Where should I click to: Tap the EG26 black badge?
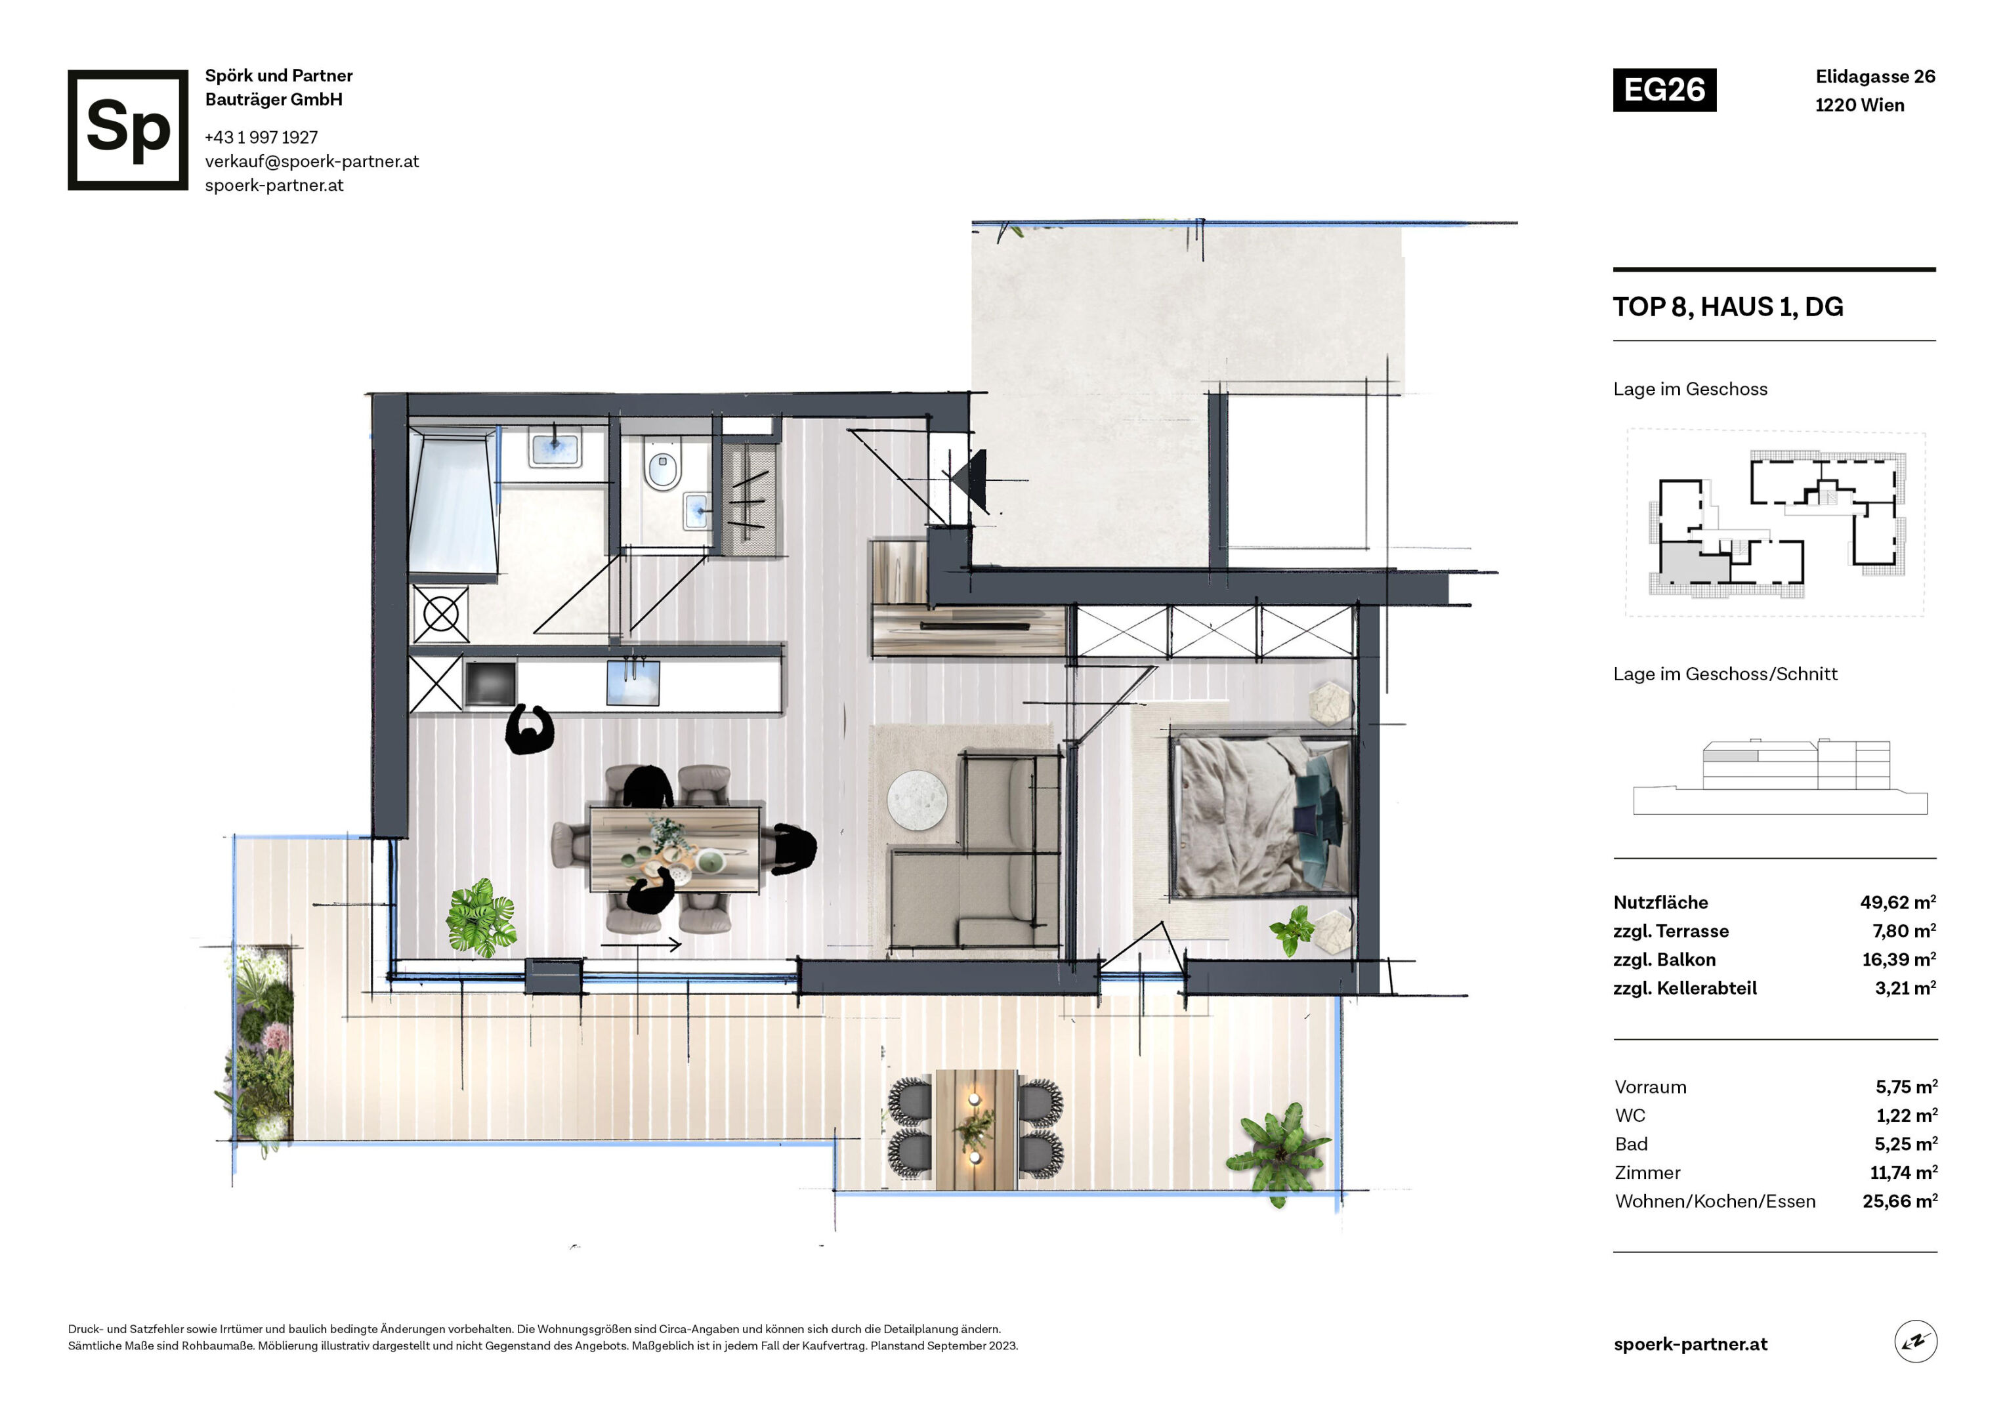tap(1664, 90)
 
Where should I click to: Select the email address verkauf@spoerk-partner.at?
tap(312, 161)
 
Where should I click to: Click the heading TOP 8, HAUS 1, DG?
tap(1727, 306)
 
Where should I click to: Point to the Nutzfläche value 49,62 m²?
tap(1897, 902)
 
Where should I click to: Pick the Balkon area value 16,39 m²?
tap(1899, 960)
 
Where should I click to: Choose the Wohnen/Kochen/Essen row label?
tap(1714, 1201)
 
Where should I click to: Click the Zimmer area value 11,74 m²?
tap(1903, 1172)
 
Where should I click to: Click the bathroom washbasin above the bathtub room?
tap(555, 449)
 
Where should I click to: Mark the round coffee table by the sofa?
tap(917, 800)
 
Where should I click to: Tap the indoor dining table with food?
tap(675, 850)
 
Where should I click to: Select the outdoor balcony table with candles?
tap(975, 1130)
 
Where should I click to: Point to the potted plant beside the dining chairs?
tap(480, 918)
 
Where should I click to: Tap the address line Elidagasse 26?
tap(1875, 77)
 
